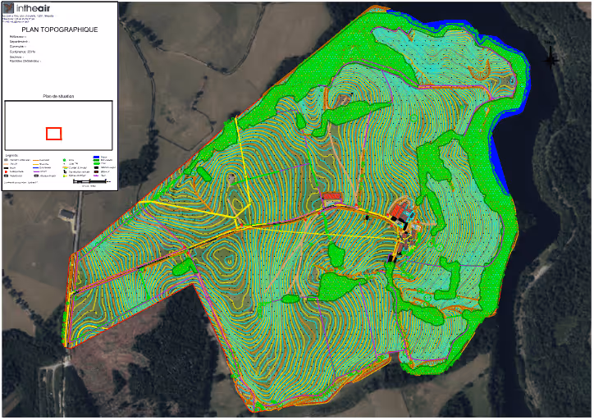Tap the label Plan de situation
point(58,96)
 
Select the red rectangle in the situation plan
point(53,134)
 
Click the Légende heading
point(11,154)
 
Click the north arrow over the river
point(551,58)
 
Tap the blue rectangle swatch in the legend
point(96,157)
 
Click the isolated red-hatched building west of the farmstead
point(331,197)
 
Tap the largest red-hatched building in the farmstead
point(400,212)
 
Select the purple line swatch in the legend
point(96,176)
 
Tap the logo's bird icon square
point(9,8)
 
